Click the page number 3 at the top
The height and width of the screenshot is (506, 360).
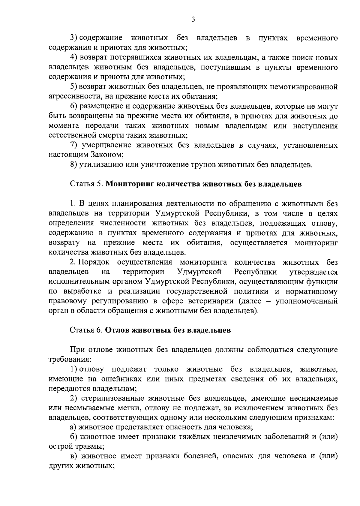(193, 20)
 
